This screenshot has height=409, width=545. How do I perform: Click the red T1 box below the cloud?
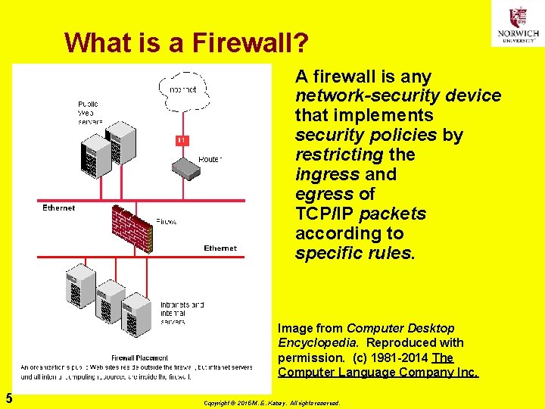pyautogui.click(x=182, y=140)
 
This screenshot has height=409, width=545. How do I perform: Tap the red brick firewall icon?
pyautogui.click(x=132, y=227)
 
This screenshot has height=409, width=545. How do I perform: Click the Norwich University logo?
pyautogui.click(x=518, y=24)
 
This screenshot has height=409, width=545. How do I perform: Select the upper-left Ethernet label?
pyautogui.click(x=58, y=208)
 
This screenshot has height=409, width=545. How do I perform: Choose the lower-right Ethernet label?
pyautogui.click(x=220, y=248)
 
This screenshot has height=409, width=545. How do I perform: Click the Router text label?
pyautogui.click(x=210, y=159)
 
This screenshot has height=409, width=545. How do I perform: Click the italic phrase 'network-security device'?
pyautogui.click(x=398, y=96)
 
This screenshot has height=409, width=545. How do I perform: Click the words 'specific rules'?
pyautogui.click(x=353, y=253)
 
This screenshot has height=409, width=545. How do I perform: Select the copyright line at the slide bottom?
pyautogui.click(x=272, y=403)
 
